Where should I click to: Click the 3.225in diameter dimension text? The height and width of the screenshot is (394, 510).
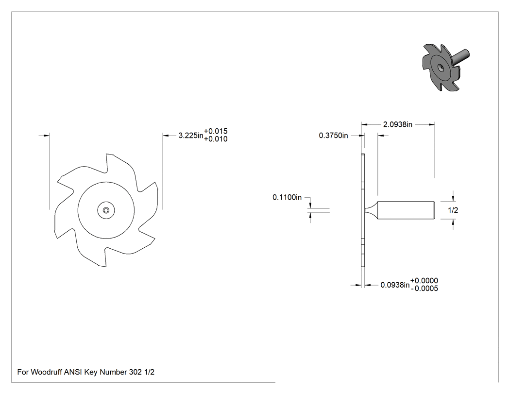click(191, 136)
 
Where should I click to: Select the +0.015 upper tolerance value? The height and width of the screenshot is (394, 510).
click(216, 131)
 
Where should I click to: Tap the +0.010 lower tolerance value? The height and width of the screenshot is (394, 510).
click(216, 139)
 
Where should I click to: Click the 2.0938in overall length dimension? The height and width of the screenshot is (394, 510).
click(398, 124)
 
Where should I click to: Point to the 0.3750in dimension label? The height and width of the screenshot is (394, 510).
click(333, 136)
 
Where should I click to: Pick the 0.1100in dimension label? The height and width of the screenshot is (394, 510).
click(287, 197)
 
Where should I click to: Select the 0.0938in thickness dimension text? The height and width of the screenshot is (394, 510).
click(395, 285)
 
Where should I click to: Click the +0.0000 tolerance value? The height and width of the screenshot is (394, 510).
click(424, 280)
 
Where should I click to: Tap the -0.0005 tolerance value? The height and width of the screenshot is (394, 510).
click(425, 289)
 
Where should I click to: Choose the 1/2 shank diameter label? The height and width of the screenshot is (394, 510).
click(453, 210)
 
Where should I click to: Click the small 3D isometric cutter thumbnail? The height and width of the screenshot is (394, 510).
click(445, 67)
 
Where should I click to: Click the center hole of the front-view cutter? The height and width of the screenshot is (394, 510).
click(106, 210)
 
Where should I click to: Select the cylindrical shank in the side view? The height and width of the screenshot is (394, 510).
click(406, 210)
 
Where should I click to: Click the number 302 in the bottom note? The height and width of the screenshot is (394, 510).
click(136, 372)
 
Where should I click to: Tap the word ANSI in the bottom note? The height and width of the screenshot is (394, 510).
click(73, 372)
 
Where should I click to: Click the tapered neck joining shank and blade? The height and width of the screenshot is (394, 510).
click(371, 210)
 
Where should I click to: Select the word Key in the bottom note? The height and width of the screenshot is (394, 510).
click(91, 372)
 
